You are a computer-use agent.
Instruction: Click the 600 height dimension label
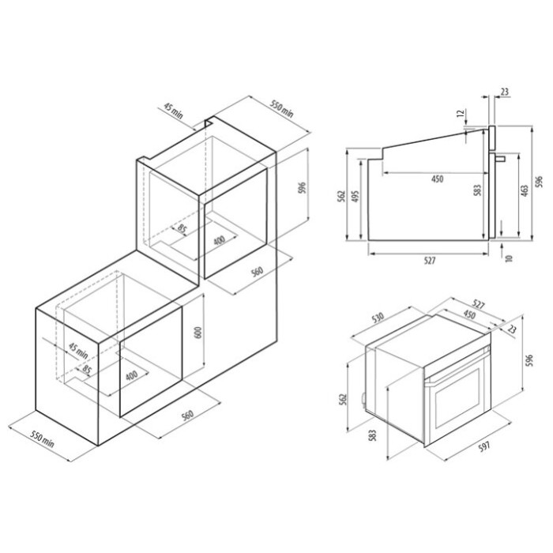coord(198,333)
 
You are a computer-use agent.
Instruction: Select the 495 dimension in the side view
coord(355,197)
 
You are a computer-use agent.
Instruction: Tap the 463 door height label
coord(525,191)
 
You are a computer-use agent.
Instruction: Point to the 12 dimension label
coord(461,113)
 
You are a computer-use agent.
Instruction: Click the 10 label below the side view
coord(508,258)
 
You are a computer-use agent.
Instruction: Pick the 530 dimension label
coord(377,318)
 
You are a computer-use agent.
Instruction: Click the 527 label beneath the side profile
coord(430,261)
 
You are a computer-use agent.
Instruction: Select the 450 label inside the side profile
coord(437,179)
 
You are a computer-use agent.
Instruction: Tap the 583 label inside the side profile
coord(477,190)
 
